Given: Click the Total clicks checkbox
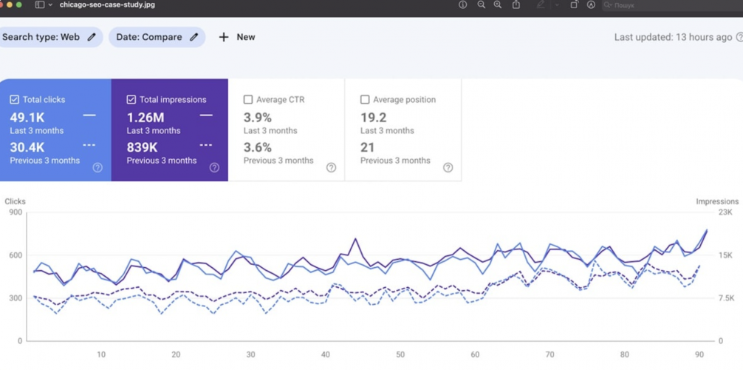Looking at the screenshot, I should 14,99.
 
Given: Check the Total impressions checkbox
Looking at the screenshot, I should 131,99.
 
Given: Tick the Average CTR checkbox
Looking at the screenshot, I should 248,99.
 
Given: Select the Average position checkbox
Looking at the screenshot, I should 365,99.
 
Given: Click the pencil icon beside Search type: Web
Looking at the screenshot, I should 92,37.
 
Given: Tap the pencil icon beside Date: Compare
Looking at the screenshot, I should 194,37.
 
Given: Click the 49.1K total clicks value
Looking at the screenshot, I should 27,117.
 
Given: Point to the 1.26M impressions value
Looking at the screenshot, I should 145,117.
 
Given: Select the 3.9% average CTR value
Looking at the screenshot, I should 258,117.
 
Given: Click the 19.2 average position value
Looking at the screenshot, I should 373,117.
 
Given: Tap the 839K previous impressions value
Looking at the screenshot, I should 142,147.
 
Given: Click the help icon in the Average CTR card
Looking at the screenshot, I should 331,168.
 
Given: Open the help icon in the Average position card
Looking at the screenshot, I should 448,168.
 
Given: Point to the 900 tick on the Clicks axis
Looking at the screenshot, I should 16,212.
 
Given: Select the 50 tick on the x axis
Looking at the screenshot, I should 400,354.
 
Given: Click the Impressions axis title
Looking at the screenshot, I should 716,201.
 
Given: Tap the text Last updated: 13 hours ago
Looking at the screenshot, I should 673,37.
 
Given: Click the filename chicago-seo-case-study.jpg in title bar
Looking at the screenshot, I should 107,5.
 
